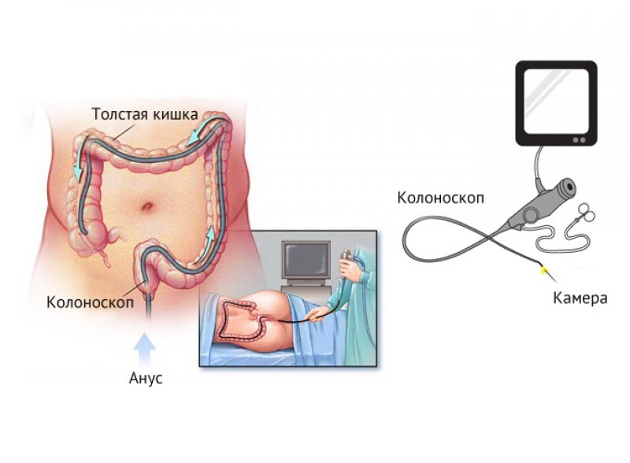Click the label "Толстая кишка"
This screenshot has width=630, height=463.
coord(145,114)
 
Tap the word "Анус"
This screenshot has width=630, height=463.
coord(146,378)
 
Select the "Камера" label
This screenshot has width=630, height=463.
coord(580,298)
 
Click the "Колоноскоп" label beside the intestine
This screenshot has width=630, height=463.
coord(90,302)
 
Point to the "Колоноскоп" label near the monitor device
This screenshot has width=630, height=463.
coord(441,198)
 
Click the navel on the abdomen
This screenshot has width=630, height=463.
coord(147,206)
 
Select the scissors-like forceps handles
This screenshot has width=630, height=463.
coord(586,213)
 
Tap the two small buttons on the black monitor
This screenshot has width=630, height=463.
coord(580,140)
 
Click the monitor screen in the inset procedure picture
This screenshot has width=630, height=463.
coord(306,261)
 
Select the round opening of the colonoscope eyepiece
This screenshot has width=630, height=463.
coord(569,186)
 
